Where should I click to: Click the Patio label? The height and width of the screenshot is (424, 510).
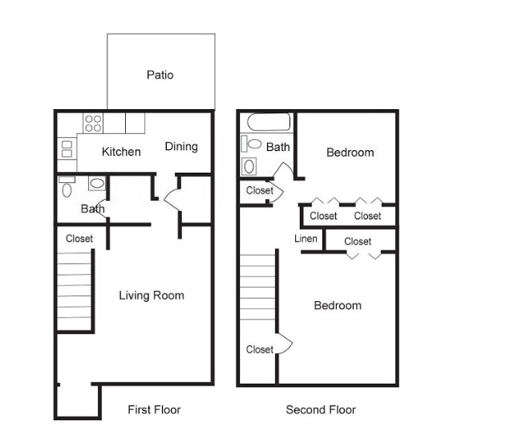tap(160, 75)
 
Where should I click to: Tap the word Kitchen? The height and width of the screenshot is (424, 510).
tap(121, 152)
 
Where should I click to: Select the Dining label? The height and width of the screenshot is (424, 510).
tap(181, 146)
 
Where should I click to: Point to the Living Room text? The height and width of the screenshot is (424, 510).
tap(152, 296)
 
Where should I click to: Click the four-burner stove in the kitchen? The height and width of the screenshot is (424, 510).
tap(93, 123)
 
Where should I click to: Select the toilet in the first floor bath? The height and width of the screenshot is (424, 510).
tap(67, 189)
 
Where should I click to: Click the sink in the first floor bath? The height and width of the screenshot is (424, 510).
tap(96, 183)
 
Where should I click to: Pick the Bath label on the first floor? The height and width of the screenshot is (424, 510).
tap(92, 209)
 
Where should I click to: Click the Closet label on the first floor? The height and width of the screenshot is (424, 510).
tap(79, 238)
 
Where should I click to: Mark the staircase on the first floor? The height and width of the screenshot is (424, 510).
tap(75, 290)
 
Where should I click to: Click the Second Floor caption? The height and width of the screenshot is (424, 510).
tap(321, 410)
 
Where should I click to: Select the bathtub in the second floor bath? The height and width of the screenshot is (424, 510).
tap(268, 123)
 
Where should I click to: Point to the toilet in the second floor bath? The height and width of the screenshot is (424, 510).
tap(252, 145)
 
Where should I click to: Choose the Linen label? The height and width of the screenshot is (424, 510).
tap(306, 239)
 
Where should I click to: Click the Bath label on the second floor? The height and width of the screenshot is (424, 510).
tap(278, 147)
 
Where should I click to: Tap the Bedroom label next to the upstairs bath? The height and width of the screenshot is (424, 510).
tap(350, 153)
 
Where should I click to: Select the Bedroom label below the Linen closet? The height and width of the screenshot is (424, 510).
tap(337, 305)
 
